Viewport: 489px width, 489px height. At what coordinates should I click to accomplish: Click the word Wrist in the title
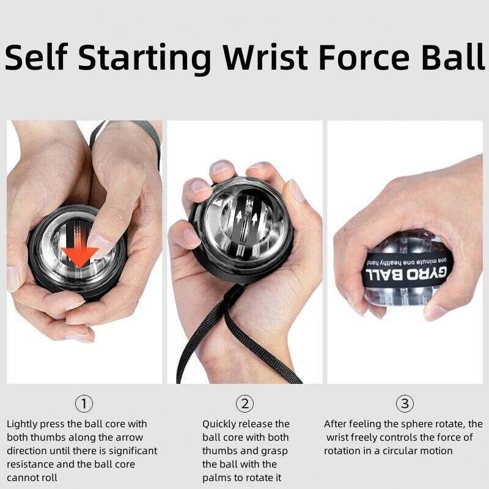tap(266, 57)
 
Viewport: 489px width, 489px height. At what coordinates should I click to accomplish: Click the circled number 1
tap(84, 403)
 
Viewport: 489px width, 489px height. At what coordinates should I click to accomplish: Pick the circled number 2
tap(244, 403)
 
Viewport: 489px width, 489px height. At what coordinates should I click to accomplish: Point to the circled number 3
tap(405, 403)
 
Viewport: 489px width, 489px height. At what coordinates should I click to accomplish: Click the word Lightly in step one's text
tap(24, 424)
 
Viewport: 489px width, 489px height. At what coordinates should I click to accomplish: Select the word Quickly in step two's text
tap(222, 424)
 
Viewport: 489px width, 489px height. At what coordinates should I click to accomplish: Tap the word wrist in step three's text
tap(339, 437)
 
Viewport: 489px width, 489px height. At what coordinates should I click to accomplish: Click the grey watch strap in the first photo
tap(147, 131)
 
